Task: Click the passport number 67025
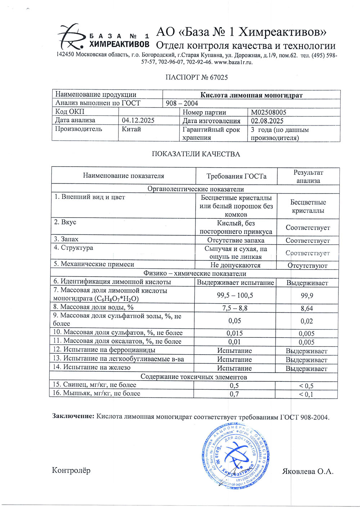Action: (219, 77)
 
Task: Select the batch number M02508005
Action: (269, 112)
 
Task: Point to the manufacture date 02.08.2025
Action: (267, 121)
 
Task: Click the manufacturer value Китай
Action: (131, 129)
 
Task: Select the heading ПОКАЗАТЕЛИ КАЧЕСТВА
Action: (196, 154)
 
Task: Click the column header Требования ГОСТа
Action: (236, 176)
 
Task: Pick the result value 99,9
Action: (307, 296)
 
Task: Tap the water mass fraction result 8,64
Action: (307, 308)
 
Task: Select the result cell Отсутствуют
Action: (307, 266)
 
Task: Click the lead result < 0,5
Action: (306, 386)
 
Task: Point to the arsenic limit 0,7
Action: (234, 394)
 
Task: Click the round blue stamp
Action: (235, 455)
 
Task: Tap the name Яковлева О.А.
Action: (308, 471)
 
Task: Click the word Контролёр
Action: (71, 471)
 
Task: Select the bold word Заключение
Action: (73, 417)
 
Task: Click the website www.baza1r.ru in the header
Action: (233, 62)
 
